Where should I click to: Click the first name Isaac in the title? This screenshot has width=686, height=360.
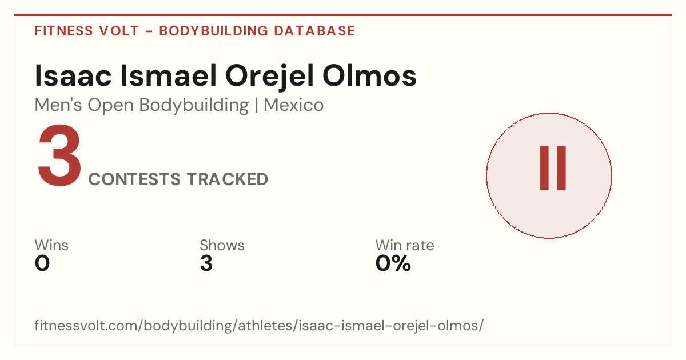tap(73, 75)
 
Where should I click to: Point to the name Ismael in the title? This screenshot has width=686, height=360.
tap(169, 75)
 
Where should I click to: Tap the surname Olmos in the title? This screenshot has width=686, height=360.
tap(369, 75)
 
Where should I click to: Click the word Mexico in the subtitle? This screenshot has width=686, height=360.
tap(294, 105)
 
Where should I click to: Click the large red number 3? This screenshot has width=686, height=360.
tap(59, 155)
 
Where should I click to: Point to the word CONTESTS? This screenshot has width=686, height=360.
tap(134, 179)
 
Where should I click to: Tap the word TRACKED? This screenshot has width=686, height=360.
tap(228, 179)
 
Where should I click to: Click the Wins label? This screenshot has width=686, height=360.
tap(51, 245)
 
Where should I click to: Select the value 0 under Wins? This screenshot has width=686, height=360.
tap(42, 263)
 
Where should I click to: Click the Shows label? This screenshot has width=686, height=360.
tap(222, 245)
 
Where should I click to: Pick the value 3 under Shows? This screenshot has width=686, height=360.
tap(206, 263)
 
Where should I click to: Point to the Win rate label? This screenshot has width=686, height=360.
tap(405, 245)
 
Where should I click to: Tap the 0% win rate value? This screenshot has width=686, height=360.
tap(393, 263)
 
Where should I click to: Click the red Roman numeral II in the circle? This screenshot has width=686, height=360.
tap(553, 168)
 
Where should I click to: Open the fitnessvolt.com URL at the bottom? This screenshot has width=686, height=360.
tap(259, 326)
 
